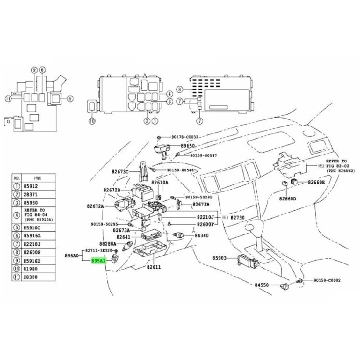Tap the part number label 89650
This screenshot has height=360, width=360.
point(189,145)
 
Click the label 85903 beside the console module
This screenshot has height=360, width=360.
point(220,258)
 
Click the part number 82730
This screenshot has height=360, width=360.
point(238,217)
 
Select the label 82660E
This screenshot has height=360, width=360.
point(316,182)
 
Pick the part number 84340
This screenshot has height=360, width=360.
point(202,236)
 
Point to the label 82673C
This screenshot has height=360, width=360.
point(121,171)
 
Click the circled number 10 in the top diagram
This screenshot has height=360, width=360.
point(92,121)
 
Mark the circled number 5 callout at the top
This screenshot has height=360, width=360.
point(70,99)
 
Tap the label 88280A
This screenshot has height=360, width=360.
point(108,244)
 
